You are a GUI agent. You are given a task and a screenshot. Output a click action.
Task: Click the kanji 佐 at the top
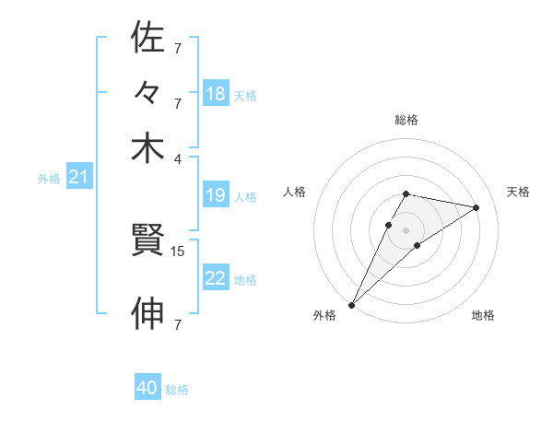(147, 38)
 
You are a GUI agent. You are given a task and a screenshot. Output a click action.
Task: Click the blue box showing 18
(216, 94)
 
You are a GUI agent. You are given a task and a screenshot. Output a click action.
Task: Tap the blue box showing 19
(216, 195)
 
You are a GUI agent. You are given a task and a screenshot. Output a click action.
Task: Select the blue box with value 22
(216, 278)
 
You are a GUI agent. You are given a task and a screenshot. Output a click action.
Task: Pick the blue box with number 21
(77, 178)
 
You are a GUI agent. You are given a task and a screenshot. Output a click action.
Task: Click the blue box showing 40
(147, 388)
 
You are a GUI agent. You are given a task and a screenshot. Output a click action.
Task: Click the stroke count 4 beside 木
(177, 158)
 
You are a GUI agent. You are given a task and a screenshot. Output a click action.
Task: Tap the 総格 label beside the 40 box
(177, 390)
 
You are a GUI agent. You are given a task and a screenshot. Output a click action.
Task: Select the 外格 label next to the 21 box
(49, 179)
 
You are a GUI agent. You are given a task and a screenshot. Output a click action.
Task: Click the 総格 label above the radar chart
(406, 121)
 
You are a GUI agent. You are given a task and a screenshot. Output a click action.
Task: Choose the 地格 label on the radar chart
(483, 316)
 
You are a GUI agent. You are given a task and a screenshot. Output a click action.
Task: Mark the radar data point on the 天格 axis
(477, 207)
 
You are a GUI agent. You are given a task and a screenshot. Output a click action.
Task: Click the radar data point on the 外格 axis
(352, 304)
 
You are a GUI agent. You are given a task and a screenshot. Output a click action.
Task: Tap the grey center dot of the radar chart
(406, 229)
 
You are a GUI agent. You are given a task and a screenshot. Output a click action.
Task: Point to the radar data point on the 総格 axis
(406, 193)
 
